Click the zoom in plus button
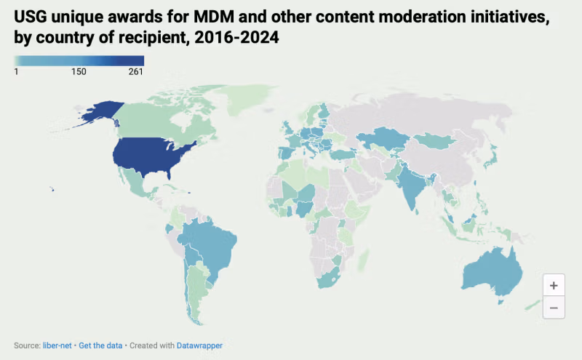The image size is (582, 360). coord(554,285)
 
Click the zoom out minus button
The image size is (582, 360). coord(554,308)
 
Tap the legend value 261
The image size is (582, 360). coord(135,72)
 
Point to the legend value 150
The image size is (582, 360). coord(79,72)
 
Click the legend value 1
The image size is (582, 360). coord(16,72)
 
